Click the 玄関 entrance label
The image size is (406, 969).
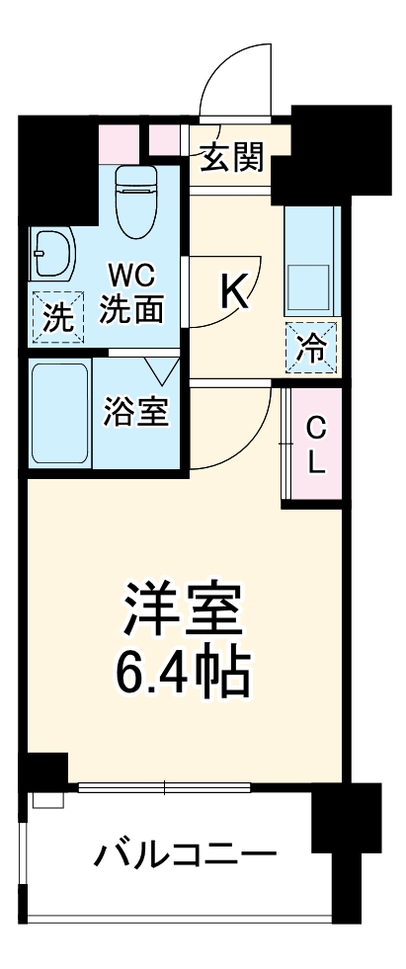[233, 157]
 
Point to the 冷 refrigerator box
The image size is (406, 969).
[311, 347]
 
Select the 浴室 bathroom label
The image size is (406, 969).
[138, 412]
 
